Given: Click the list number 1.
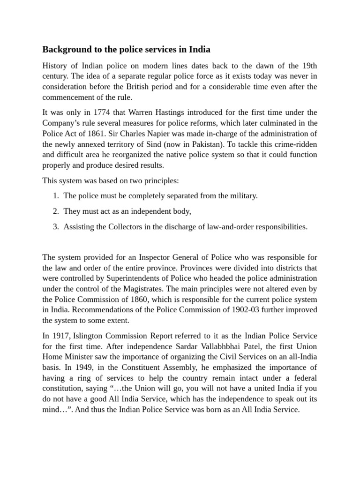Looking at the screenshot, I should pos(55,196).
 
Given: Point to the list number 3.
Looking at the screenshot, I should pos(55,227).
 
